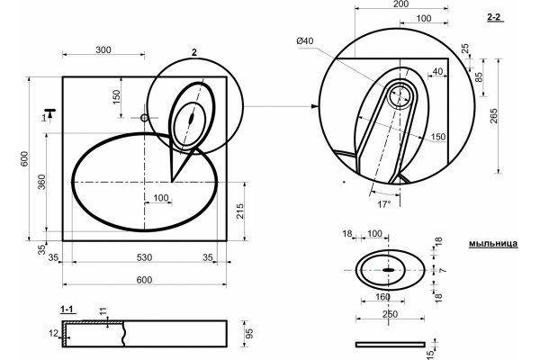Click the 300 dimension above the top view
pyautogui.click(x=103, y=50)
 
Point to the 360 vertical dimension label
pyautogui.click(x=41, y=182)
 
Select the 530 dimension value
pyautogui.click(x=144, y=257)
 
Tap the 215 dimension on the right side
pyautogui.click(x=240, y=211)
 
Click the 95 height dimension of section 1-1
pyautogui.click(x=249, y=334)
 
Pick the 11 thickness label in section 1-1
pyautogui.click(x=103, y=311)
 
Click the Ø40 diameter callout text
pyautogui.click(x=305, y=41)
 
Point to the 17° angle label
pyautogui.click(x=384, y=204)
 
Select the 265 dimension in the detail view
pyautogui.click(x=494, y=116)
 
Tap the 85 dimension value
pyautogui.click(x=479, y=76)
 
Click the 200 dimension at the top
pyautogui.click(x=400, y=4)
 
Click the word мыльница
pyautogui.click(x=493, y=244)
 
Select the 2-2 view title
pyautogui.click(x=494, y=17)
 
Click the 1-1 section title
pyautogui.click(x=67, y=310)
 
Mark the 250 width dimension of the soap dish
pyautogui.click(x=390, y=314)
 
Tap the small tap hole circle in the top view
pyautogui.click(x=144, y=118)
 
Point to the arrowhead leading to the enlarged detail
pyautogui.click(x=315, y=106)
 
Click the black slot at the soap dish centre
pyautogui.click(x=389, y=270)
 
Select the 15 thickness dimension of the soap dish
pyautogui.click(x=430, y=354)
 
